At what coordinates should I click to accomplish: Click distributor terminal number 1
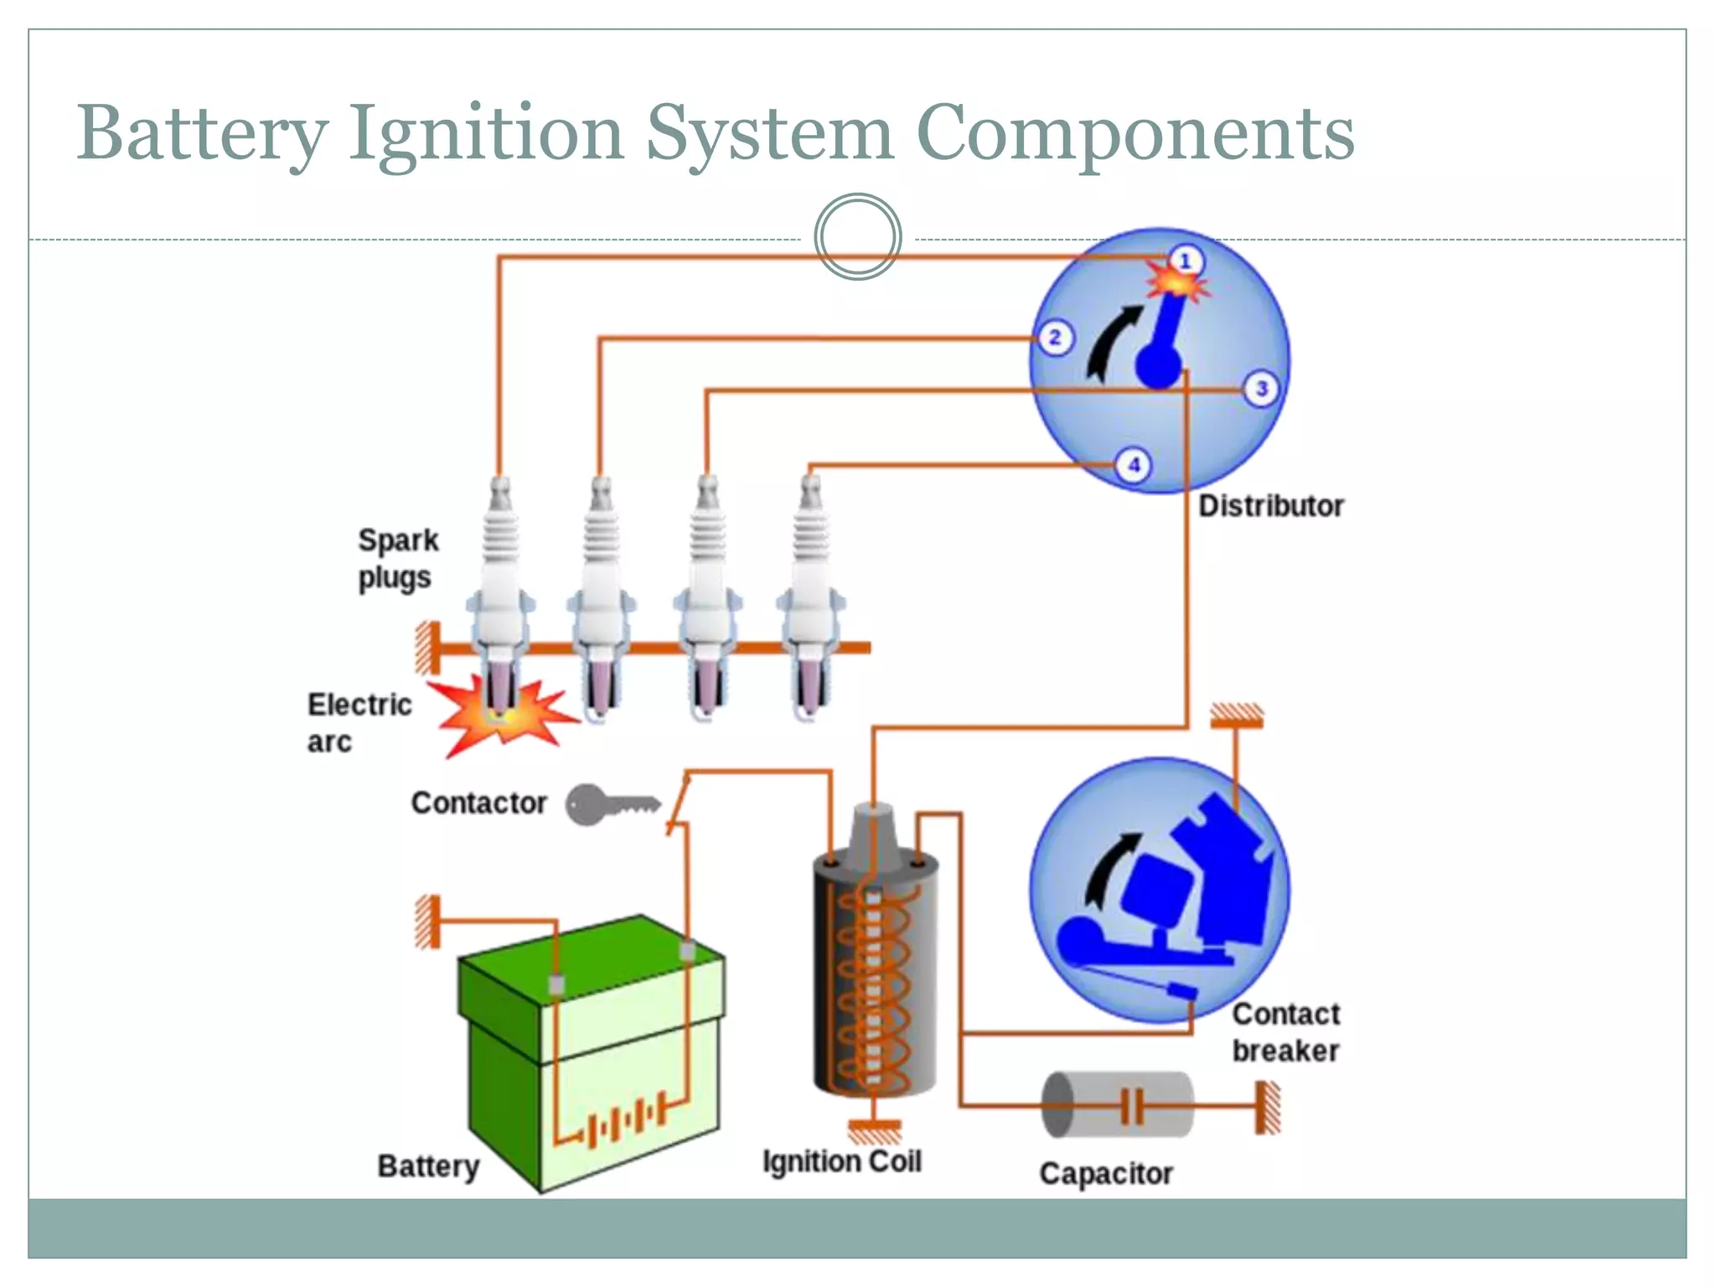pos(1185,261)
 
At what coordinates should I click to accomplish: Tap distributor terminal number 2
pos(1055,338)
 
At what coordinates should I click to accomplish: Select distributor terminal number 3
pos(1261,389)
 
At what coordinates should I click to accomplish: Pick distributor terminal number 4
pos(1134,465)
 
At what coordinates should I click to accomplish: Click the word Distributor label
pos(1270,506)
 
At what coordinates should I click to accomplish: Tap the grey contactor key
pos(609,805)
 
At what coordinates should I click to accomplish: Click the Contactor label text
pos(478,803)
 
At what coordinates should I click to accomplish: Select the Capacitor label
pos(1105,1173)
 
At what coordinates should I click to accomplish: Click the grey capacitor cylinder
pos(1118,1105)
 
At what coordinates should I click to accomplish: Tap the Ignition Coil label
pos(841,1161)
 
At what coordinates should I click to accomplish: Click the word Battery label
pos(428,1166)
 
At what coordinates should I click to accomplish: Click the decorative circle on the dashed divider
pos(857,237)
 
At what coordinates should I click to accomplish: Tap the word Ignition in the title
pos(486,134)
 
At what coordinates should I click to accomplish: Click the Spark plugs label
pos(397,559)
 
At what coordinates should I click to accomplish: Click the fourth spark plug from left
pos(809,595)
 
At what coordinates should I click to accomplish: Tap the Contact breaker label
pos(1285,1032)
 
